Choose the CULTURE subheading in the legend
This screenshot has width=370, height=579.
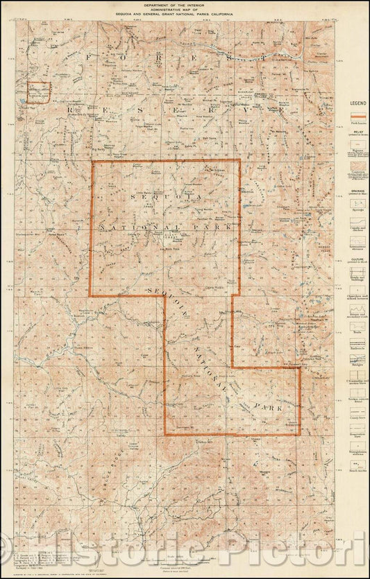tap(356, 255)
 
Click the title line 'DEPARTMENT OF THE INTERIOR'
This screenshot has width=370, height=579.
tap(184, 4)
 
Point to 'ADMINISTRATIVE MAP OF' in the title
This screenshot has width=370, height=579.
tap(184, 9)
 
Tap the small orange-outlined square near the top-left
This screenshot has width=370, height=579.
tap(39, 92)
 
